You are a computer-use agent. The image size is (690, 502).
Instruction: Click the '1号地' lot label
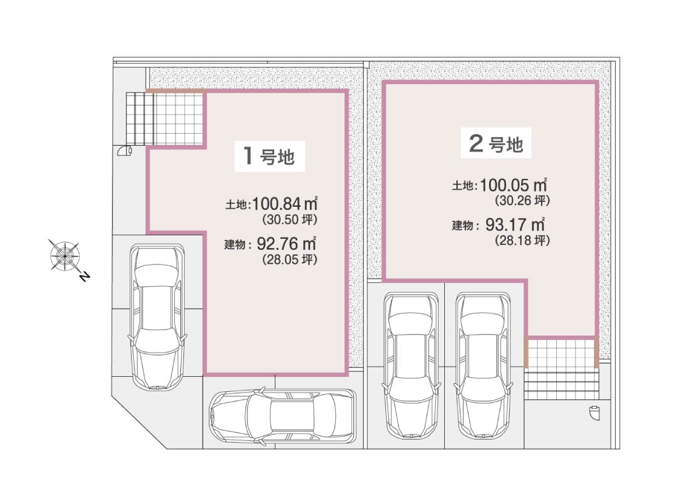click(x=269, y=156)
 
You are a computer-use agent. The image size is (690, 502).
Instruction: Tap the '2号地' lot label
click(x=496, y=143)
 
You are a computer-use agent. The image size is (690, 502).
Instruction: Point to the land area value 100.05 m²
click(x=513, y=185)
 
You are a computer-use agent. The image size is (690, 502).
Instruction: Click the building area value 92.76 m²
click(x=286, y=243)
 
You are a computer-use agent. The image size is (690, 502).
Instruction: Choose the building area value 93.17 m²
click(x=516, y=224)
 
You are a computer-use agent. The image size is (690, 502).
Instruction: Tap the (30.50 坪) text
click(x=289, y=220)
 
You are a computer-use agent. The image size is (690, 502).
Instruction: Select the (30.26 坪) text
click(x=522, y=201)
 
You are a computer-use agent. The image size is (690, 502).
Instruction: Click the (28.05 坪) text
click(x=289, y=259)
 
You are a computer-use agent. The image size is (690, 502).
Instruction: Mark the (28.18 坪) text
click(x=522, y=241)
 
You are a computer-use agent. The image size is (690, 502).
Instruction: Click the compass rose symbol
click(x=64, y=255)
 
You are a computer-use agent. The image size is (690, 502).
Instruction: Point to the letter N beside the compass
click(x=85, y=276)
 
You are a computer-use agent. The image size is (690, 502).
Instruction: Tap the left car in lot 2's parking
click(x=411, y=365)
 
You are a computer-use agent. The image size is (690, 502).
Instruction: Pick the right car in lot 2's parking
click(x=483, y=365)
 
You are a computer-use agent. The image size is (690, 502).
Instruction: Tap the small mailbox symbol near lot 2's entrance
click(x=594, y=413)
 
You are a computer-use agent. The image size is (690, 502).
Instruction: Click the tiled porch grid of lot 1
click(x=165, y=118)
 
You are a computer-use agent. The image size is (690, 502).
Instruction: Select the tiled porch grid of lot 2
click(x=561, y=354)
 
